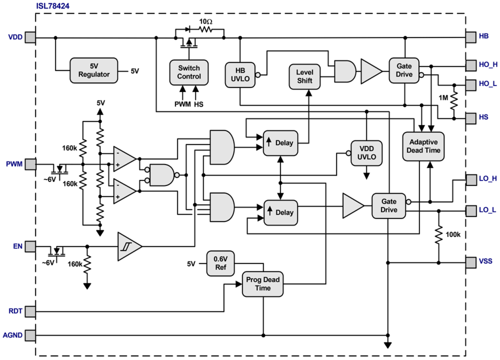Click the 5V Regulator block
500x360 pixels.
tap(94, 70)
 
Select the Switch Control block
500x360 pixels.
tap(189, 72)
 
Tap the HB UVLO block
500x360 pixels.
tap(240, 74)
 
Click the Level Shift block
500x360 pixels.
tap(305, 76)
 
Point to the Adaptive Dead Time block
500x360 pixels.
tap(423, 146)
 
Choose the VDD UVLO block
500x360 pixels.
tap(366, 153)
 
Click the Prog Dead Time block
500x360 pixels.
tap(263, 284)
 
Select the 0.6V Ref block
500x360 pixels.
tap(221, 263)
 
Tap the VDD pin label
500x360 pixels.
tap(16, 37)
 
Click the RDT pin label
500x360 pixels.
tap(16, 311)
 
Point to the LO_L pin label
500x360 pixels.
tap(488, 210)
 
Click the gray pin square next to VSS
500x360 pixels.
tap(471, 262)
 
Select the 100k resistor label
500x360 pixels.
tap(453, 235)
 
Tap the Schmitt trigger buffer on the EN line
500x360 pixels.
tap(129, 247)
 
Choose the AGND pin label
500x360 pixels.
tap(14, 335)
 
